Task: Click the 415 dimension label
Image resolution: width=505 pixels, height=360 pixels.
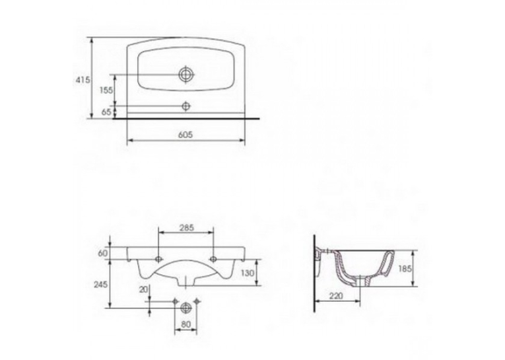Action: [x=83, y=80]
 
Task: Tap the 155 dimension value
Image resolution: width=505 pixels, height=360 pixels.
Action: [x=106, y=90]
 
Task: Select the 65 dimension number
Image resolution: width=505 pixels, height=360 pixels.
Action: [x=106, y=112]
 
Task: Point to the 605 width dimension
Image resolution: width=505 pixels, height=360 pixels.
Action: [x=185, y=134]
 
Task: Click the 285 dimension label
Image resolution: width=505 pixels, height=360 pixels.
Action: [x=186, y=227]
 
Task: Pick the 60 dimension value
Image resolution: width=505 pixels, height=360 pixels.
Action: [x=103, y=254]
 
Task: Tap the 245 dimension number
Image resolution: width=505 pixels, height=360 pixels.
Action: [x=101, y=284]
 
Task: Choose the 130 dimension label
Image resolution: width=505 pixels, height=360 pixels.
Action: [x=248, y=273]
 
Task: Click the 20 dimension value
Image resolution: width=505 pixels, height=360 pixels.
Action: [x=143, y=289]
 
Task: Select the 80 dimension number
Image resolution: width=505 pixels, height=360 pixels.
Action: [x=186, y=324]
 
